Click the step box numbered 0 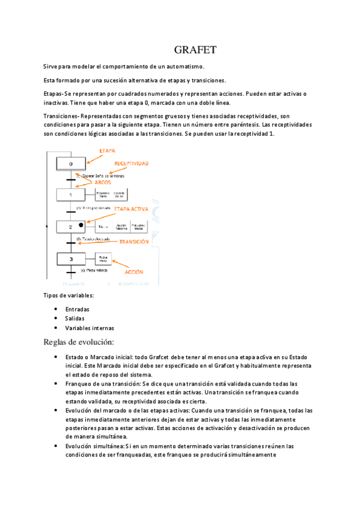71,164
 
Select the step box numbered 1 71,195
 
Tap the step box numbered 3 71,259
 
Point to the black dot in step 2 81,225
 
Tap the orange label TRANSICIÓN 134,241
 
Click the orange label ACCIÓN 133,272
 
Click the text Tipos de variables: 68,295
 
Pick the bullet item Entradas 78,309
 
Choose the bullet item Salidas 75,318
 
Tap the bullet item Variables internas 90,328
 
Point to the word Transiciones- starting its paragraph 62,115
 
